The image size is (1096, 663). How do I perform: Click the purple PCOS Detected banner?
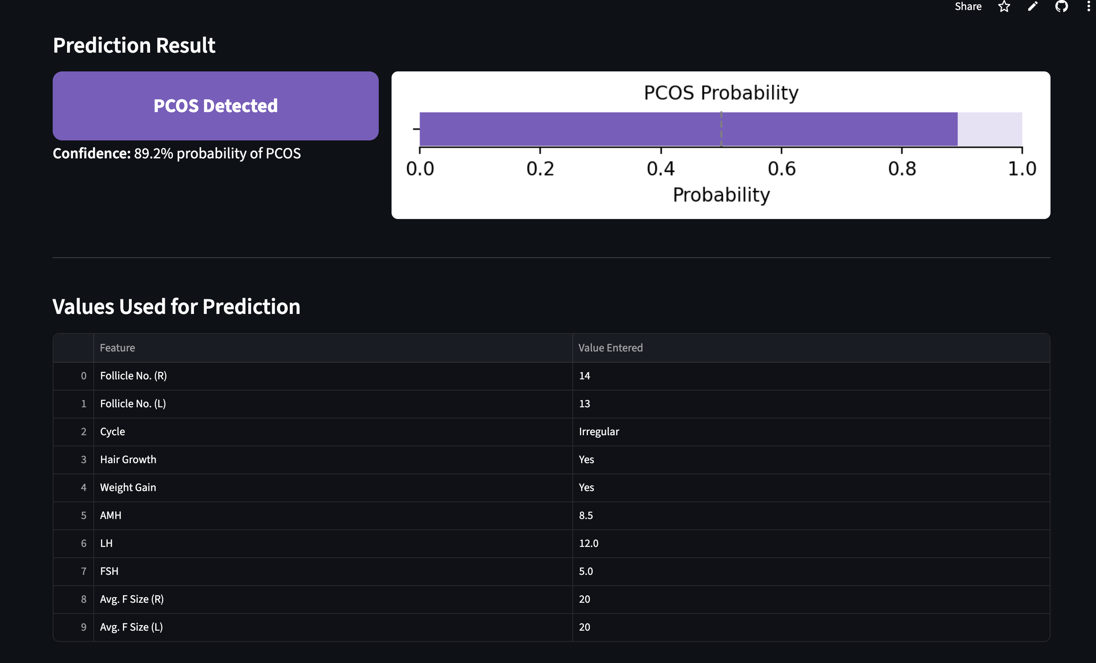tap(215, 106)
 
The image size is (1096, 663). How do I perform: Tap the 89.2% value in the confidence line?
tap(153, 154)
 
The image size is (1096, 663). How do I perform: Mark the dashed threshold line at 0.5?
tap(721, 129)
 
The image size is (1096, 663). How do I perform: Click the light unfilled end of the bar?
tap(989, 129)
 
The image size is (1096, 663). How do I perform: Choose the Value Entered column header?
tap(610, 348)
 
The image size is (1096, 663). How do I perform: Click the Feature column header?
tap(117, 348)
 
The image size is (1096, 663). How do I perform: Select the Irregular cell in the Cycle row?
tap(599, 432)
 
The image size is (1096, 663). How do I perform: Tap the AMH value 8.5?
tap(586, 515)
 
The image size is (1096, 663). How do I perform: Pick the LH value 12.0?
tap(588, 543)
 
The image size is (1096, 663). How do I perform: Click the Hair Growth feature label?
tap(128, 460)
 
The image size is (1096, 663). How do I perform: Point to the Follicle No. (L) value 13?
tap(584, 404)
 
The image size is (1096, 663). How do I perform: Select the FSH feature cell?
tap(109, 571)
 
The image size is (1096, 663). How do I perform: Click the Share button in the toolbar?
tap(968, 7)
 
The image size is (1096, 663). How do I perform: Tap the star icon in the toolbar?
tap(1004, 7)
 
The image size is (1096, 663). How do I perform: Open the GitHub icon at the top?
tap(1061, 7)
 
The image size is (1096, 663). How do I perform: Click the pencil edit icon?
tap(1033, 7)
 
